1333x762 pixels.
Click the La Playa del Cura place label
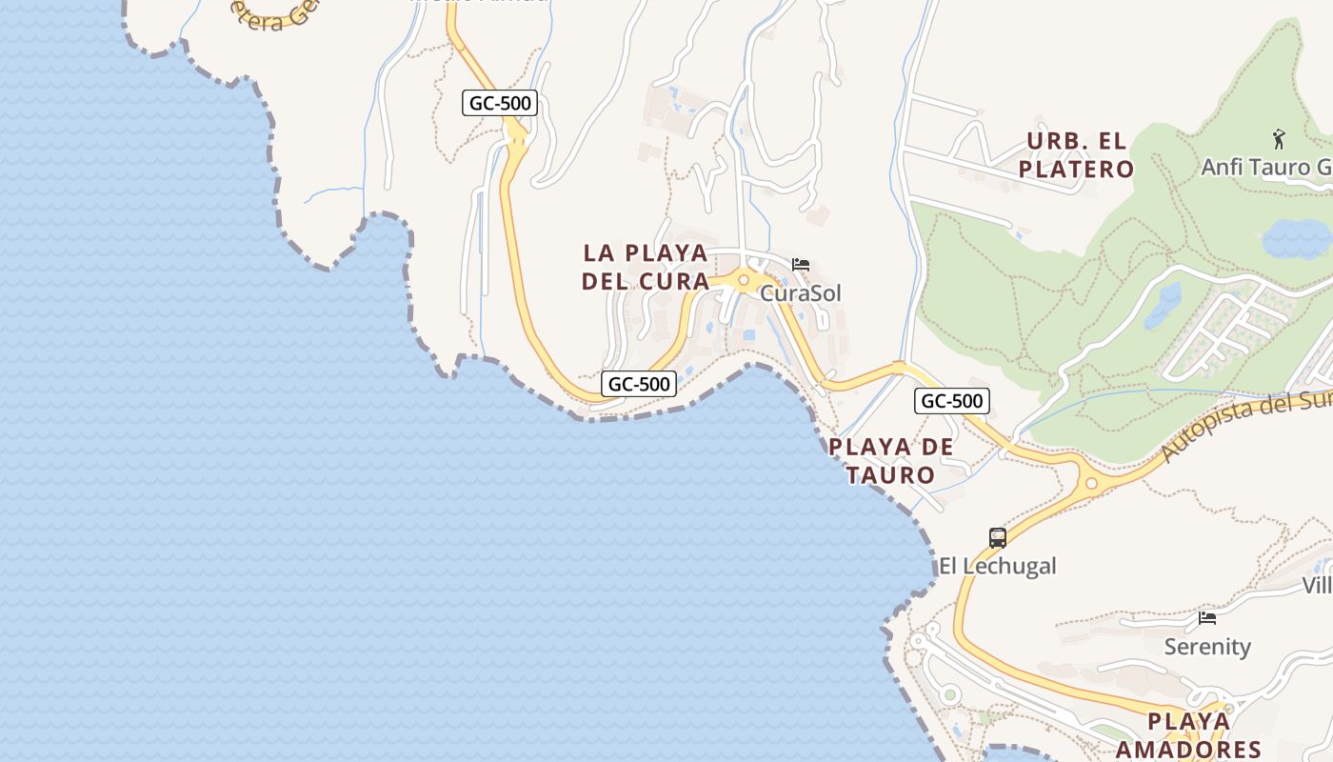(x=646, y=268)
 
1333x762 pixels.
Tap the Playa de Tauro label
(x=890, y=460)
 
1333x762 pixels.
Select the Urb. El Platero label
(x=1076, y=155)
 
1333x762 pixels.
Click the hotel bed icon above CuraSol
(x=801, y=265)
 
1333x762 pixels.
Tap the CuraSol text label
(x=800, y=293)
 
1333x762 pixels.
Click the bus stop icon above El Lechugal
(x=997, y=538)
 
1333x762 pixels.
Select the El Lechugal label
(x=997, y=566)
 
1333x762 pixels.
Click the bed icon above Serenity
(x=1207, y=618)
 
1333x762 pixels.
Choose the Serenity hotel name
(x=1207, y=647)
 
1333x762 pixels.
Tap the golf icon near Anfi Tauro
(x=1278, y=140)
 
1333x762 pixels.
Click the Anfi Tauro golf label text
(x=1266, y=167)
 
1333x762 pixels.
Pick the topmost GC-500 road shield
(x=500, y=103)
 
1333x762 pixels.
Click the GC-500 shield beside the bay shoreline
(x=639, y=384)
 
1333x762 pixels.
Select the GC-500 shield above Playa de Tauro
(x=951, y=401)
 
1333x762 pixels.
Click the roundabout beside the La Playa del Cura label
(x=743, y=281)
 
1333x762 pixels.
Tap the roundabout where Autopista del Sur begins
(x=1091, y=484)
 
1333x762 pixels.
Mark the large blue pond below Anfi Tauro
(x=1297, y=238)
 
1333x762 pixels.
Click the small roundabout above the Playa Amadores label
(x=1228, y=709)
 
